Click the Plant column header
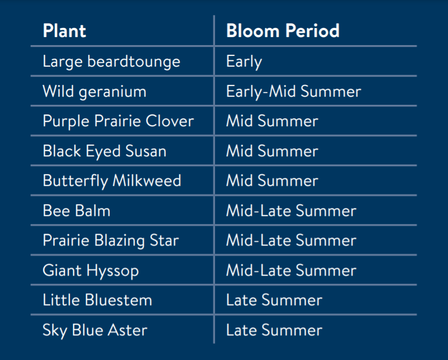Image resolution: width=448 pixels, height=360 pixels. click(x=64, y=31)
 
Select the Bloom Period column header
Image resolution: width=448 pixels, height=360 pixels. click(x=283, y=31)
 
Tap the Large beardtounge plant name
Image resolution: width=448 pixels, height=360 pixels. click(x=111, y=62)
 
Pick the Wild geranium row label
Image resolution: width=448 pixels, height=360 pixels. click(x=95, y=92)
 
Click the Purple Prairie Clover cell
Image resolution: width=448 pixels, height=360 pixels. click(x=118, y=121)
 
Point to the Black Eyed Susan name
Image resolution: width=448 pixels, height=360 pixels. click(x=105, y=152)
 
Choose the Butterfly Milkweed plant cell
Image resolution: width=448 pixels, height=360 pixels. click(x=112, y=181)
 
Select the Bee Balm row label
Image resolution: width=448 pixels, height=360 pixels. click(x=77, y=211)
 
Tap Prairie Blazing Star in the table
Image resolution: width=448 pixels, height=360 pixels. click(x=111, y=241)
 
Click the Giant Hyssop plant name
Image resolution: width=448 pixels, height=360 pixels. click(x=91, y=271)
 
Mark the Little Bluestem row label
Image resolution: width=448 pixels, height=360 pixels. click(x=97, y=300)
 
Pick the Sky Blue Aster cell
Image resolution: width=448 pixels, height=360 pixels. click(x=95, y=330)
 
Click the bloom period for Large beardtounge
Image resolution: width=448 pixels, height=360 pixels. click(x=244, y=62)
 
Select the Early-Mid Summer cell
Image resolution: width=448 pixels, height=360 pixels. click(x=294, y=92)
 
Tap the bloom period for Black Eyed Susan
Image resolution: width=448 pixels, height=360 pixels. click(x=272, y=151)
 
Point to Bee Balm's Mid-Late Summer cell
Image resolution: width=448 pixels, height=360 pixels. click(x=291, y=211)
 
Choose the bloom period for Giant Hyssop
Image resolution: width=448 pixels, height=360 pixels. click(x=291, y=270)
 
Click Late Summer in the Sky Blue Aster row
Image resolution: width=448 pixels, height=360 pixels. click(x=274, y=330)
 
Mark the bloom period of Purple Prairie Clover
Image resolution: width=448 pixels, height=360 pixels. click(x=272, y=121)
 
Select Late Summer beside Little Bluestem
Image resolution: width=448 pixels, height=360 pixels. click(x=274, y=300)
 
